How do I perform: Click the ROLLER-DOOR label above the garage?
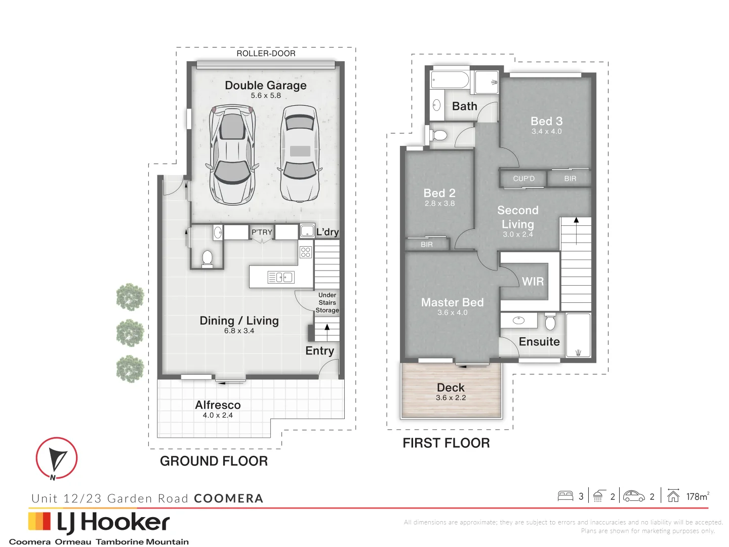point(266,53)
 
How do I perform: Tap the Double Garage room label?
point(266,85)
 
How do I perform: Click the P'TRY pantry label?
point(262,232)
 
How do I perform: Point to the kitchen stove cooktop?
point(305,252)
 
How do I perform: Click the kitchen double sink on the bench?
point(281,277)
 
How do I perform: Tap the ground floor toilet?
point(207,258)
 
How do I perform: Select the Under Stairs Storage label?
point(327,302)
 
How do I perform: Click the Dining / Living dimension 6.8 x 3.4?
point(239,331)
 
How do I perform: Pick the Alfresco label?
point(218,405)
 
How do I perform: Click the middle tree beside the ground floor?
point(130,333)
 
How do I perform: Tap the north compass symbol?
point(57,459)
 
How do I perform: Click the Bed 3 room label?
point(546,121)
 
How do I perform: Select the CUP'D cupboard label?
point(523,179)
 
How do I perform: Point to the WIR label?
point(533,282)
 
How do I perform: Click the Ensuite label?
point(539,342)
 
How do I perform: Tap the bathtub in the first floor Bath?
point(450,80)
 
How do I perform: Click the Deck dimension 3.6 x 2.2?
point(451,398)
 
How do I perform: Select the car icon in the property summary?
point(634,496)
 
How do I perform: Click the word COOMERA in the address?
point(228,498)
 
